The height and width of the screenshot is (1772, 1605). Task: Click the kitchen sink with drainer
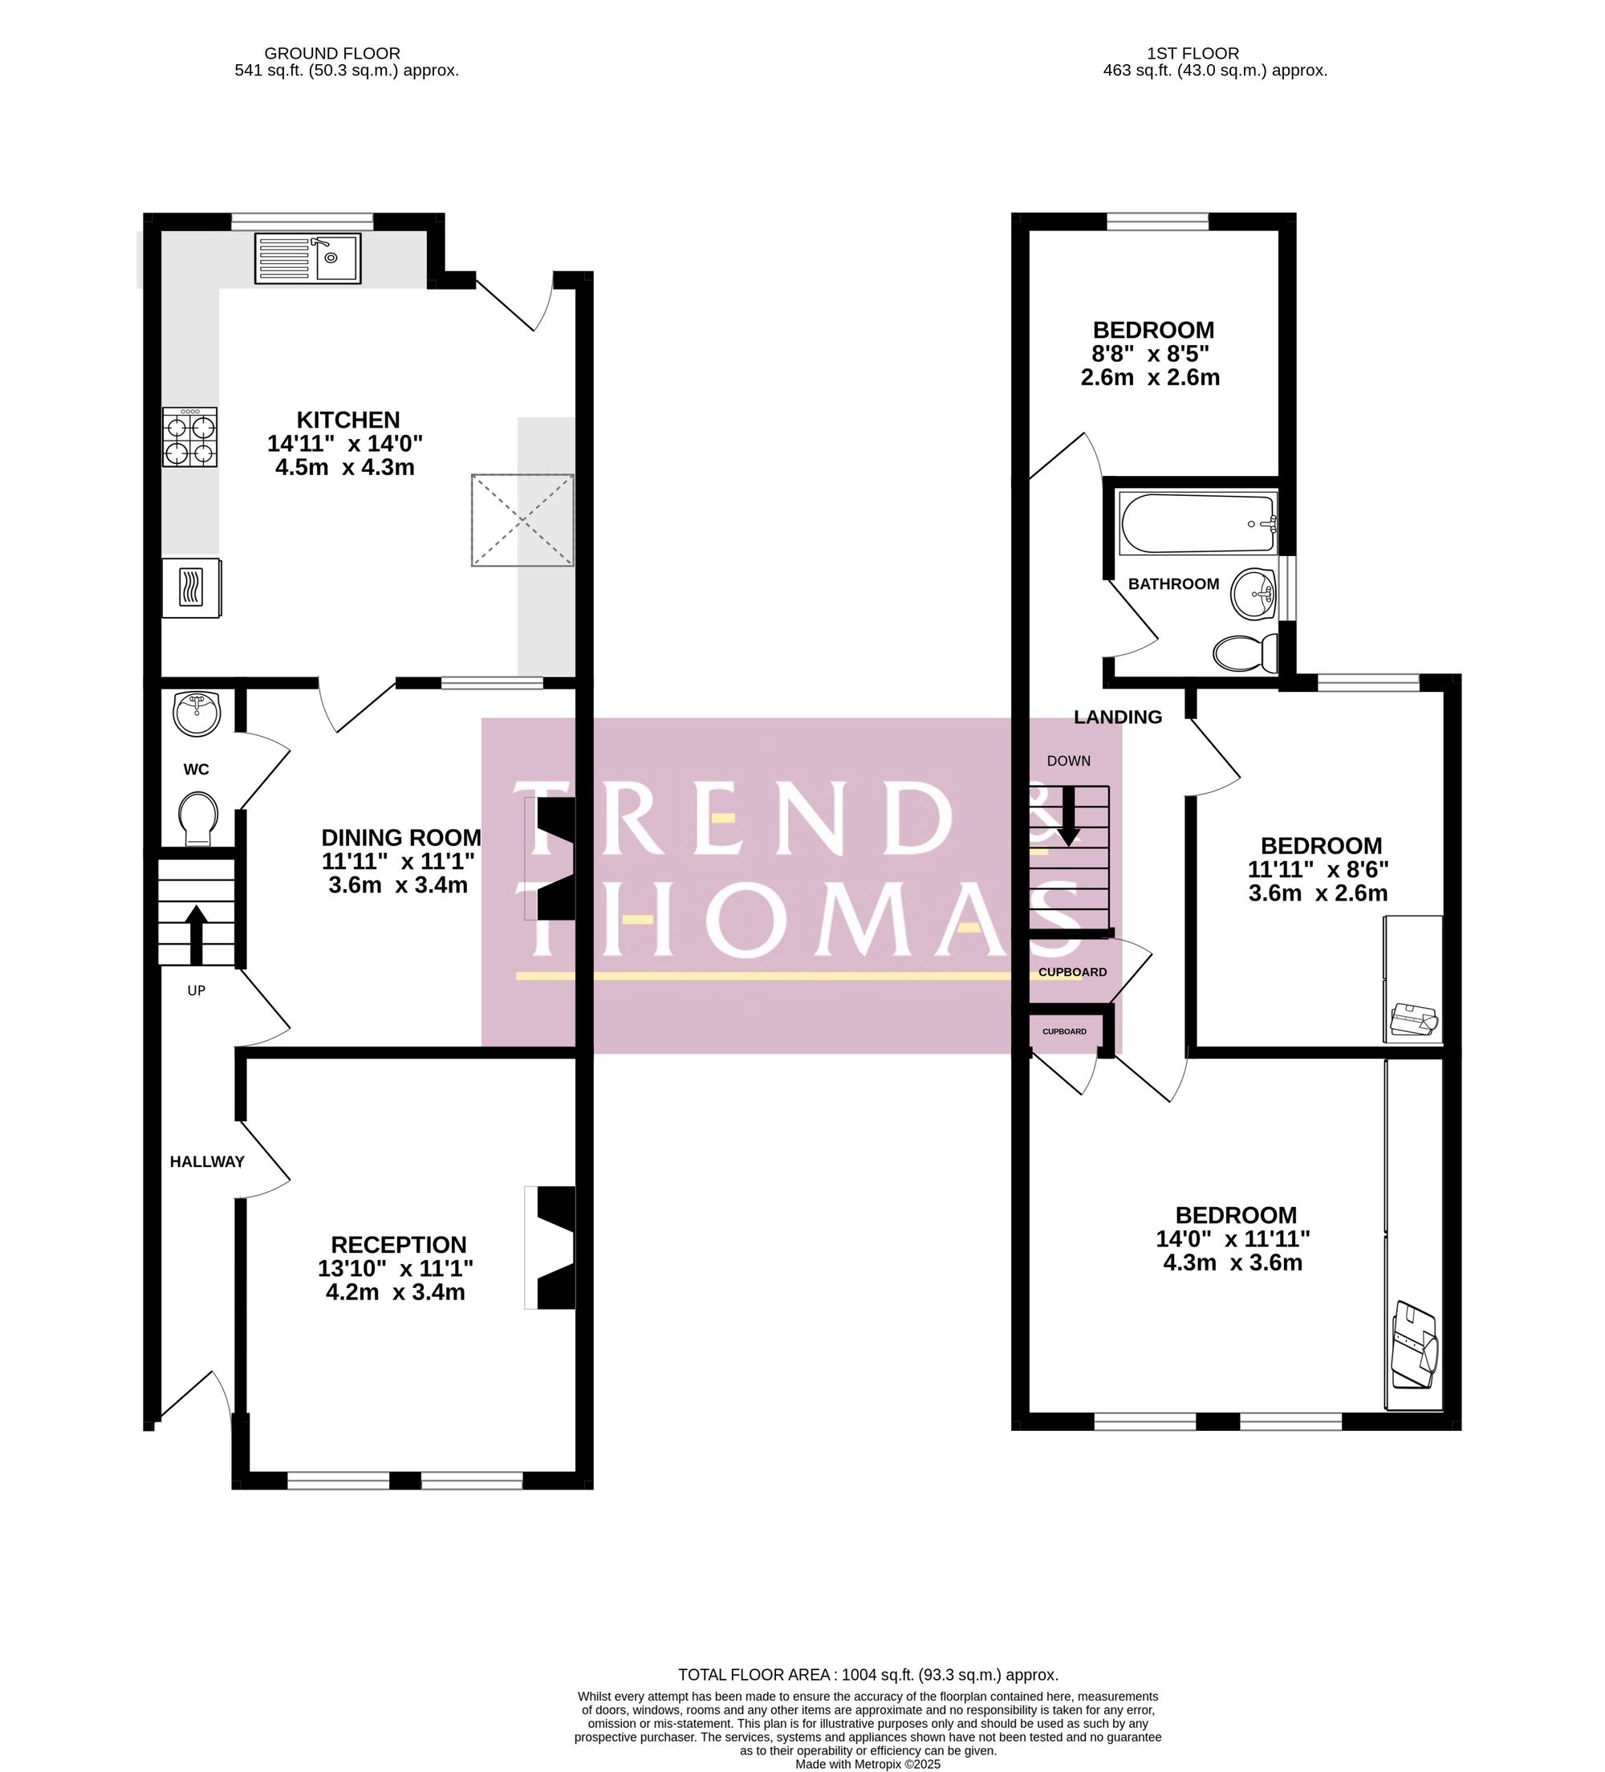tap(307, 258)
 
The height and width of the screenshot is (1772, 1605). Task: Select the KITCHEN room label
tap(348, 421)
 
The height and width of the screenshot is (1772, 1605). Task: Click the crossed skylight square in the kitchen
tap(522, 519)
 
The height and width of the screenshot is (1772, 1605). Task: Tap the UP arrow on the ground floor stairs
tap(195, 933)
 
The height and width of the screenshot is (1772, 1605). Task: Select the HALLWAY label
tap(206, 1161)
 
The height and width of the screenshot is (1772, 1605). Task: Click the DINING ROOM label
tap(400, 837)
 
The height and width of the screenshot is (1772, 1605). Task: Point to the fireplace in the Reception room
tap(552, 1248)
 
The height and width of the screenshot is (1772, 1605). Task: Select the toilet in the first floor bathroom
tap(1245, 652)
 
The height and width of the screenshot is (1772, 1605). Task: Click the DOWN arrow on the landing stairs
tap(1068, 815)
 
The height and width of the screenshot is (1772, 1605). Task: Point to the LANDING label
tap(1117, 717)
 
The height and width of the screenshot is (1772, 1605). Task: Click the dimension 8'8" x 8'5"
tap(1150, 354)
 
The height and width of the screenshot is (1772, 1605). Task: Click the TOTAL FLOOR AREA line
tap(868, 1674)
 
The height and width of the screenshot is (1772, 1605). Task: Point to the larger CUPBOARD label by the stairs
tap(1072, 972)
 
